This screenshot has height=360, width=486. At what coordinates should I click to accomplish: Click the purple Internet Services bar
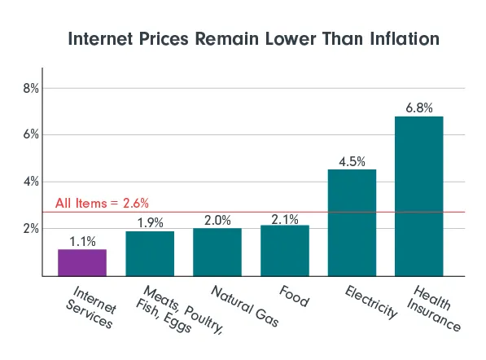(x=81, y=262)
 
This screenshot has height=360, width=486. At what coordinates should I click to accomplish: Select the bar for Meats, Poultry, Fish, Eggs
(x=149, y=253)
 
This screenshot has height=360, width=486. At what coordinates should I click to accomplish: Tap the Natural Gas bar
(x=217, y=252)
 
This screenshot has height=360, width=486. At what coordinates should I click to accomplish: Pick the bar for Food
(x=284, y=251)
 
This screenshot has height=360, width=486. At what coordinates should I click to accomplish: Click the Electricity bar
(x=352, y=222)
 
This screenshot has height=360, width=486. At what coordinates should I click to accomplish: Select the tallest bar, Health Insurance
(x=419, y=195)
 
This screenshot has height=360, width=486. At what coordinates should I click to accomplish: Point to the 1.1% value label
(x=81, y=240)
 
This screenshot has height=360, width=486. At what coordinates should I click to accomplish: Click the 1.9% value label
(x=149, y=222)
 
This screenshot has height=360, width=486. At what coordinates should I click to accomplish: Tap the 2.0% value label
(x=217, y=219)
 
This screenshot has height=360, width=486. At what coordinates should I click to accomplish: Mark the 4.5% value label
(x=352, y=160)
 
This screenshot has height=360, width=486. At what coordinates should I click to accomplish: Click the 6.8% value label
(x=419, y=108)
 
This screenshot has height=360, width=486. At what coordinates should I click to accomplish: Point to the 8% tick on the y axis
(x=30, y=87)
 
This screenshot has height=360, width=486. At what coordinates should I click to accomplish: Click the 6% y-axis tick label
(x=30, y=134)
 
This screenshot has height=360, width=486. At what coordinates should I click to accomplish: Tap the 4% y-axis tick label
(x=30, y=182)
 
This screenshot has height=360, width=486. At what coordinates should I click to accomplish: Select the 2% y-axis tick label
(x=30, y=229)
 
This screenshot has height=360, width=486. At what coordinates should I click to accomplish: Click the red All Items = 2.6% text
(x=102, y=203)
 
